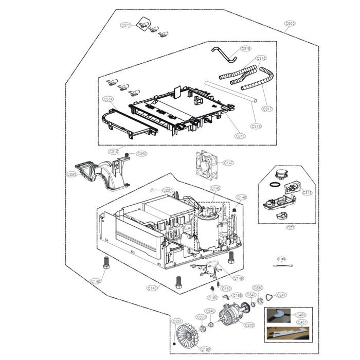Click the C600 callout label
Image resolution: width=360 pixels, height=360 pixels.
290,23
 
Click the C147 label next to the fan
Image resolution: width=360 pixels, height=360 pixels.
228,163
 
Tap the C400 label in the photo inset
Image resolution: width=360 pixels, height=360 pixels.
301,314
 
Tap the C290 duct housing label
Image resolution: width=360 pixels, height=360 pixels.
71,175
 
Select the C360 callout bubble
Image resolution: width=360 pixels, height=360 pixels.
141,154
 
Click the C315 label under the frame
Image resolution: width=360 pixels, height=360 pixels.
240,136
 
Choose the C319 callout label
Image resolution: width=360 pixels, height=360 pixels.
246,49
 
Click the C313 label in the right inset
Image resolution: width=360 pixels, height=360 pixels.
308,193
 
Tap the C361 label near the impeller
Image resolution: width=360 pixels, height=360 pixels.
177,321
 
